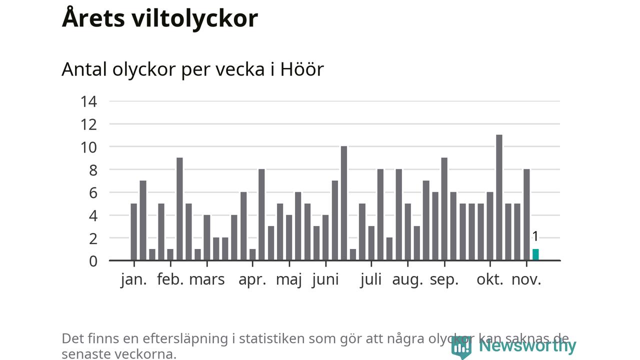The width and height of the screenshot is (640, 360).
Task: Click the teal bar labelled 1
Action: point(535,254)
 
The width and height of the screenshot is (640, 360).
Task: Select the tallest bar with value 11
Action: point(499,197)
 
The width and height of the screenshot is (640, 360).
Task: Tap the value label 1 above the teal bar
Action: point(535,236)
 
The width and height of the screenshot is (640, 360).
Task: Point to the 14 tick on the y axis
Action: point(88,101)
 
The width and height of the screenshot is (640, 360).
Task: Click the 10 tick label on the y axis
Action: point(88,147)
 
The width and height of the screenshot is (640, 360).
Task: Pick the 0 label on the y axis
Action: point(93,261)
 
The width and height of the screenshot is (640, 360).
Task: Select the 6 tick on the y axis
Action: point(93,193)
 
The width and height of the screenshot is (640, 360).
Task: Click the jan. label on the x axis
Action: point(134,279)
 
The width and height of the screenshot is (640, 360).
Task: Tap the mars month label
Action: point(206,279)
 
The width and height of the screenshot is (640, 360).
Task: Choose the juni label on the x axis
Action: point(325,279)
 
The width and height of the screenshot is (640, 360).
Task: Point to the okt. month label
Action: point(490,279)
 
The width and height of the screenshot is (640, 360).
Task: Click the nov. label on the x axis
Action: point(526,279)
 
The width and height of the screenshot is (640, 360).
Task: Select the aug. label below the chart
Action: point(407,279)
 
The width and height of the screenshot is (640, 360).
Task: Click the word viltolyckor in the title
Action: point(195,18)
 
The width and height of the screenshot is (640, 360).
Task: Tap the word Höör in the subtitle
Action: point(301,69)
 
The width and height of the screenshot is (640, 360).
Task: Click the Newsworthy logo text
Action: point(527,345)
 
